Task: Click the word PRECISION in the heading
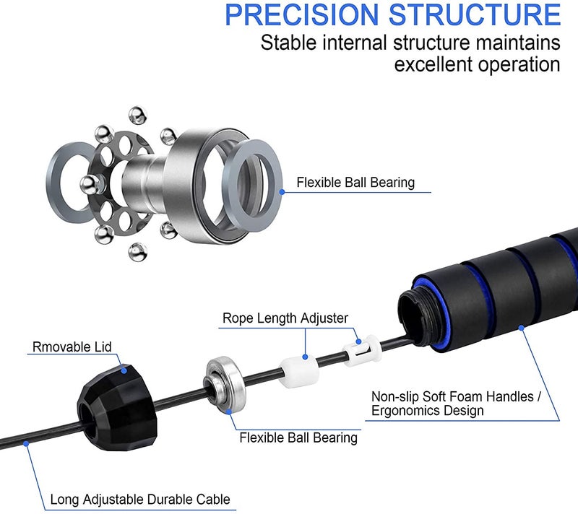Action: point(301,14)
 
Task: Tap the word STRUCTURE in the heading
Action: point(475,14)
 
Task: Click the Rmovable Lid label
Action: point(72,347)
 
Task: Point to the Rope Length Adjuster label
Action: point(285,318)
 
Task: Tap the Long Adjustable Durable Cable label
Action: point(140,500)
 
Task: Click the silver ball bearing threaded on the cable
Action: point(224,384)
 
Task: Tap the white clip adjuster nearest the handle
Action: point(362,351)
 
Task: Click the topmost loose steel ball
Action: point(138,116)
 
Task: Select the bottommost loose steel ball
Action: point(138,252)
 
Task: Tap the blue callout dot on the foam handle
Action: point(521,327)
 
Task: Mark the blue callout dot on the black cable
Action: point(26,444)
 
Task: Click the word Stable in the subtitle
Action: point(288,43)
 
